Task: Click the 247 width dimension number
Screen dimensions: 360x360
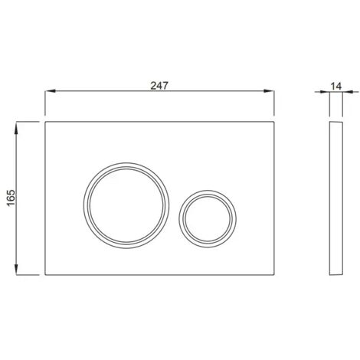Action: (x=159, y=86)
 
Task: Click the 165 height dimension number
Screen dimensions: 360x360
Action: (x=11, y=198)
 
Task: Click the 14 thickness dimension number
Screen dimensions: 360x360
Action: (x=336, y=87)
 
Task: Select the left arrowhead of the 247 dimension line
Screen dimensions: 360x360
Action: (x=51, y=91)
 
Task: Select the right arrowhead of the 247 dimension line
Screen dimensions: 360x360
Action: (x=269, y=91)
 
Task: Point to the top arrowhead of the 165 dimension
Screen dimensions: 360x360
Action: (x=16, y=127)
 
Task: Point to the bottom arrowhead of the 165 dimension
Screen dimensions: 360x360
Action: (x=16, y=270)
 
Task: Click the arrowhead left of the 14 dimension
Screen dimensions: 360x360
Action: (x=324, y=92)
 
